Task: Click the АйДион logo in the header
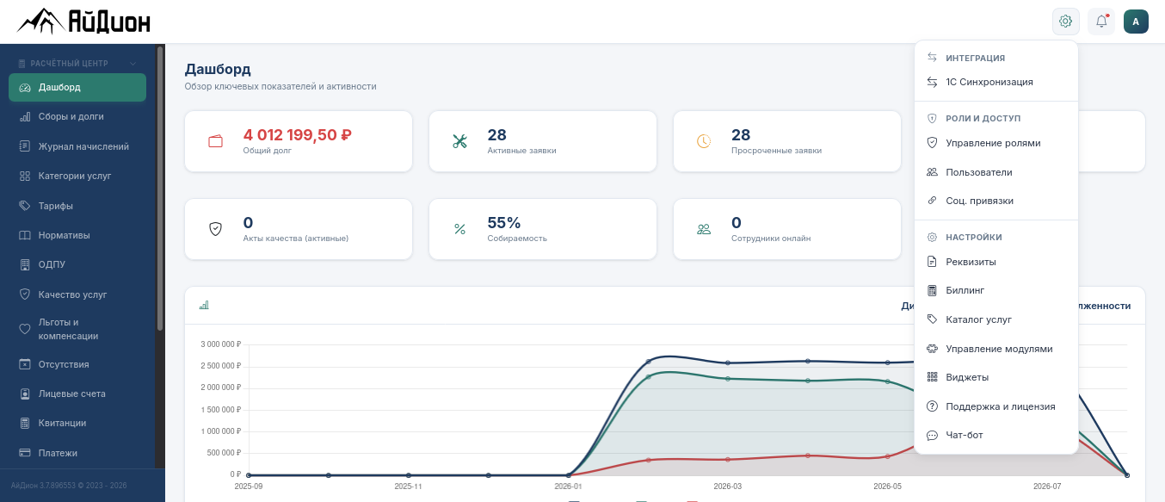click(x=83, y=22)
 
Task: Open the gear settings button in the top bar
click(x=1066, y=22)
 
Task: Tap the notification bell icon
click(x=1101, y=22)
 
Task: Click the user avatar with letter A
click(x=1136, y=22)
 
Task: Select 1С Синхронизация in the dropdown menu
click(x=989, y=82)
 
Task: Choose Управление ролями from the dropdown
click(x=993, y=143)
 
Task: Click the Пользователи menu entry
click(x=979, y=172)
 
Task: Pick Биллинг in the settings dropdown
click(x=965, y=290)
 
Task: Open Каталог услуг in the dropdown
click(x=978, y=319)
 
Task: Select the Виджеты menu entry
click(x=967, y=377)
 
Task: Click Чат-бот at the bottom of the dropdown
click(x=964, y=435)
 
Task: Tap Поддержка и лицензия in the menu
click(x=1000, y=406)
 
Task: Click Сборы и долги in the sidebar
click(x=71, y=116)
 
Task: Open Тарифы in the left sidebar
click(x=55, y=206)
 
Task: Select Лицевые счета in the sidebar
click(x=71, y=394)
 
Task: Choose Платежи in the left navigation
click(x=57, y=453)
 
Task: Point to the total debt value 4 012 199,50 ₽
click(x=297, y=135)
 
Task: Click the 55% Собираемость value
click(x=503, y=223)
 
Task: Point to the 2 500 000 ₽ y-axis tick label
click(x=220, y=366)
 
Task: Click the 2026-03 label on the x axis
click(x=728, y=487)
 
